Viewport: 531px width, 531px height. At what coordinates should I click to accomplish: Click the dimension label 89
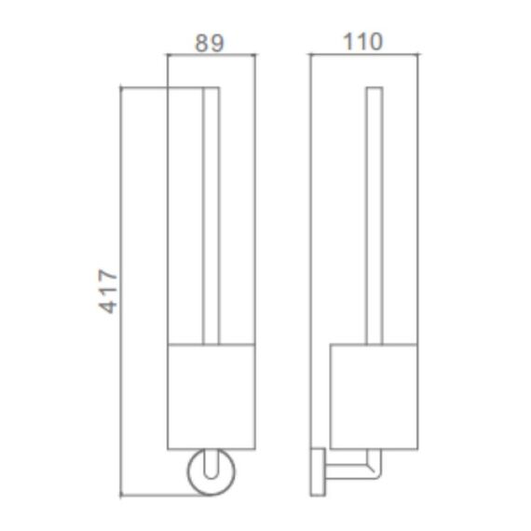[210, 43]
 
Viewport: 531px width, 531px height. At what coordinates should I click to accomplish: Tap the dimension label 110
[362, 42]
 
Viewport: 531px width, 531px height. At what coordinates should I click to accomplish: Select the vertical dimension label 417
[108, 292]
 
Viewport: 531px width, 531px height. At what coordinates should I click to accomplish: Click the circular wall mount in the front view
[189, 472]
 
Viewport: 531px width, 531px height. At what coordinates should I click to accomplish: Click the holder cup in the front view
[211, 397]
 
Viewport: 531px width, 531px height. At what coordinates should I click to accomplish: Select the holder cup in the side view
[374, 397]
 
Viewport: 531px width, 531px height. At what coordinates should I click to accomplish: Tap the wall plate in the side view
[318, 472]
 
